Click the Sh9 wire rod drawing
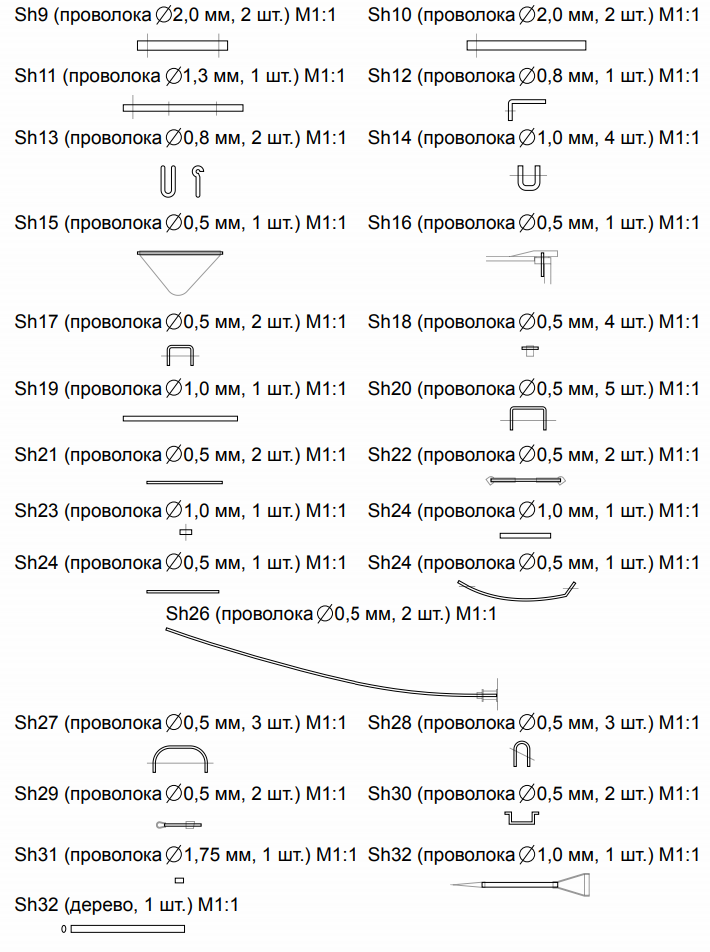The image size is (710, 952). pos(182,45)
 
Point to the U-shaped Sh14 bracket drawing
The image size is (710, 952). pos(529,187)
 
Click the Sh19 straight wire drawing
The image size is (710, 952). pos(180,418)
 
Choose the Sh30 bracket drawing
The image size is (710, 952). pos(522,823)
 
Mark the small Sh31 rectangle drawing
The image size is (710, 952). pos(179,880)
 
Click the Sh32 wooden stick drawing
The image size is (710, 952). pos(128,929)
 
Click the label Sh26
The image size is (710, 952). pos(188,613)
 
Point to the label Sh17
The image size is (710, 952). pos(36,322)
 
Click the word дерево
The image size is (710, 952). pos(98,905)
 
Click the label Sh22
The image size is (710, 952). pos(390,455)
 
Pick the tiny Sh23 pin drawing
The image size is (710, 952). pos(186,533)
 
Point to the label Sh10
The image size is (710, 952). pos(390,15)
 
